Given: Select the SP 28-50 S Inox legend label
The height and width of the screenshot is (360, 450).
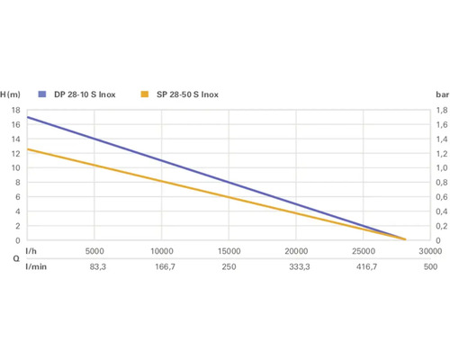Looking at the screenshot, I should (x=187, y=94).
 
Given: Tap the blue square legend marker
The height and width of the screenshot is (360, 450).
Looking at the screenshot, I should (x=41, y=94).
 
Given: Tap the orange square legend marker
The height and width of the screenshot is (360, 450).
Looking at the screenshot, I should (x=146, y=94).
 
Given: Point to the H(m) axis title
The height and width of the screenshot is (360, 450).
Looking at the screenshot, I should (x=11, y=94).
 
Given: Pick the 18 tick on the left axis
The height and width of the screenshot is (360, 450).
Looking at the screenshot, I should (x=14, y=111).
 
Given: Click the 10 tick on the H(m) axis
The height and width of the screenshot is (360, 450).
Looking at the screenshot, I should (x=14, y=168).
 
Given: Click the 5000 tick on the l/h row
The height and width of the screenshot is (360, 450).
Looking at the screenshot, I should (x=94, y=251).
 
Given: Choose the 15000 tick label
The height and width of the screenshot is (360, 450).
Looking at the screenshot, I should (x=229, y=251).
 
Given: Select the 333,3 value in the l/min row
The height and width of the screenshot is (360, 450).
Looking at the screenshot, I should (x=296, y=267).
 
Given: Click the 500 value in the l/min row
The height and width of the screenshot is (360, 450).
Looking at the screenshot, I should (x=430, y=267).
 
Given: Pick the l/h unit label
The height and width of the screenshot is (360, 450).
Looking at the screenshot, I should (x=31, y=251).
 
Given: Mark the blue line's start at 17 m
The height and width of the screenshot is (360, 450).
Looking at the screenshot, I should (x=28, y=118).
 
